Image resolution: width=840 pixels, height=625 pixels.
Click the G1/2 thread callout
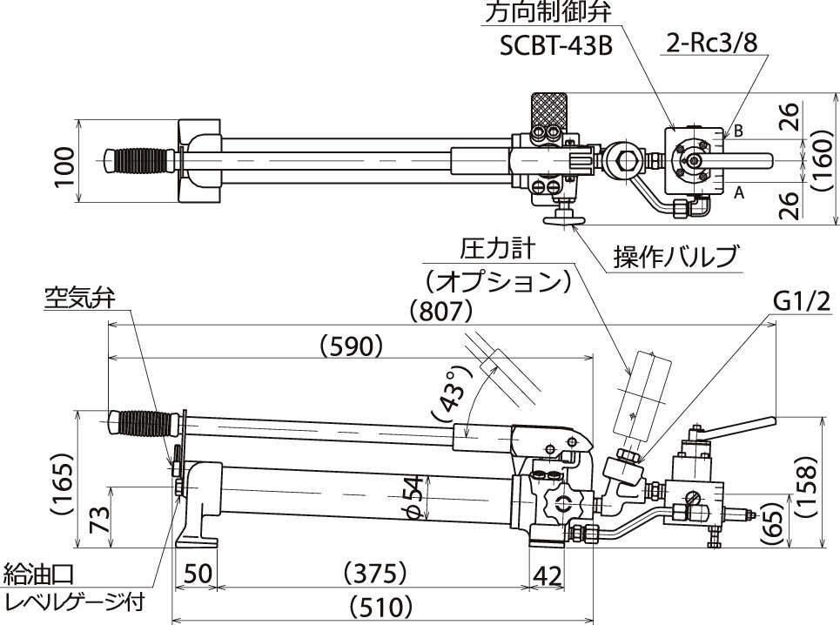801,301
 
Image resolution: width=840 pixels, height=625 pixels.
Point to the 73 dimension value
100,521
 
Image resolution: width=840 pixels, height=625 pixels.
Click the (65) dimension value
774,521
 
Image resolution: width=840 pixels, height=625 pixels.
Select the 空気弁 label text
81,298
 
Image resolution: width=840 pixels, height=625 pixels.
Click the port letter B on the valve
737,131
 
